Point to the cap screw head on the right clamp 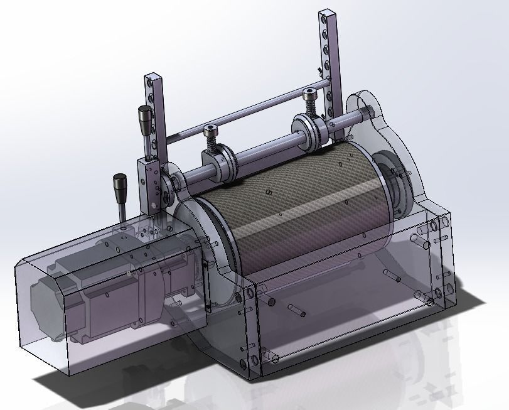[x=309, y=94]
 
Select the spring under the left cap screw [x=212, y=145]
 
